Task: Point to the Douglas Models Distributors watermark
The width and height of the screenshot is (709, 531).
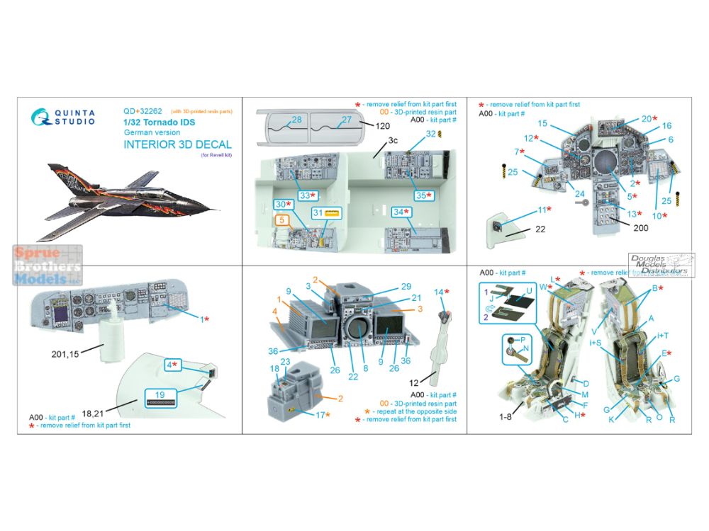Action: coord(659,265)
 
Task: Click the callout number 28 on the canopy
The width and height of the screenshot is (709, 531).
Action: coord(296,120)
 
